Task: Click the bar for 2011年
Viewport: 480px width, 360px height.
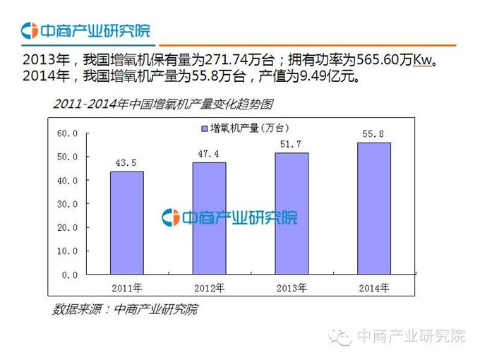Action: click(x=126, y=222)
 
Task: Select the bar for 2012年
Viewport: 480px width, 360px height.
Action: click(x=209, y=218)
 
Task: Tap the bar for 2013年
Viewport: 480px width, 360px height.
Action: click(x=292, y=213)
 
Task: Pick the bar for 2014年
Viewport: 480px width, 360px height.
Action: click(x=373, y=208)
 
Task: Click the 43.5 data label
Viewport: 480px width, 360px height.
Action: click(x=126, y=164)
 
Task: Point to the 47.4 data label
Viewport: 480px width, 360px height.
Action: click(x=209, y=154)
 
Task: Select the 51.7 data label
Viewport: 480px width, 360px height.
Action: click(x=292, y=144)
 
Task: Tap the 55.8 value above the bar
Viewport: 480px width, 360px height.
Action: click(x=373, y=134)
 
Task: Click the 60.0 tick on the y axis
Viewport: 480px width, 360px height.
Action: click(x=68, y=133)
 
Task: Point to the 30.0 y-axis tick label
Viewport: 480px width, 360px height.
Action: click(x=68, y=204)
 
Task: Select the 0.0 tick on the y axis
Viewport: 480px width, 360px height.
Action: click(x=71, y=275)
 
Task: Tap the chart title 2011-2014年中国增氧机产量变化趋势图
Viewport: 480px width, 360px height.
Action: click(x=162, y=104)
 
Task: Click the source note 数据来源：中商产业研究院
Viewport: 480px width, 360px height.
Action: click(x=125, y=309)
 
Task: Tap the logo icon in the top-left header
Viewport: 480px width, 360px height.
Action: click(x=29, y=31)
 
